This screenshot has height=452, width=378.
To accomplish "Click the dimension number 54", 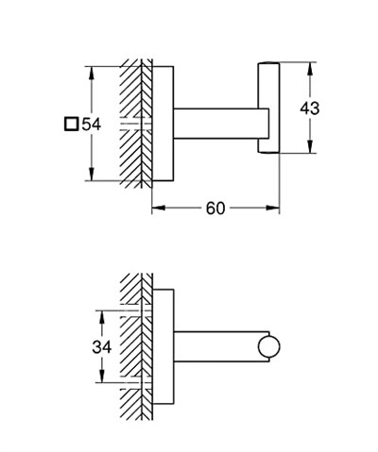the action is pos(92,125).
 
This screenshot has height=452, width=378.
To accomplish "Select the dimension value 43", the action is pos(310,109).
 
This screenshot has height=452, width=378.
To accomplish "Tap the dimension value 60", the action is pos(215,208).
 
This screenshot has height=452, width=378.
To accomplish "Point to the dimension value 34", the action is pos(102,347).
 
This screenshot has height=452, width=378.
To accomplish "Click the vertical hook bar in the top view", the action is pos(268,108).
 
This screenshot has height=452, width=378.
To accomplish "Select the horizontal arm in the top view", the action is pos(221,124).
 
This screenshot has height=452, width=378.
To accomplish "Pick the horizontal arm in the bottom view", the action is pos(221,346).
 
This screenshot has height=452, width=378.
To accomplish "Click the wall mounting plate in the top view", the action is pos(163,124).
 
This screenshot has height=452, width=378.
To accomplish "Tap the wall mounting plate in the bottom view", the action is pos(163,346).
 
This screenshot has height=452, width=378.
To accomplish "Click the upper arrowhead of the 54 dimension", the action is pos(92,73).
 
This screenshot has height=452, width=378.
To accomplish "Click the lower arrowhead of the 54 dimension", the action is pos(92,175).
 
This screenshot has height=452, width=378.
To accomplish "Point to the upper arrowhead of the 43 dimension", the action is pos(310,69).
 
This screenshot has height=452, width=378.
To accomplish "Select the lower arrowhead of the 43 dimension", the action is pos(310,146).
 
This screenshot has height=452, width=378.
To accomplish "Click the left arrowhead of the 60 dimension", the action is pos(159,208).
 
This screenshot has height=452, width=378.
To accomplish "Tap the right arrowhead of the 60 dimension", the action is pos(272,208).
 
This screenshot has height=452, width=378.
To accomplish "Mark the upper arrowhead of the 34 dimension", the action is pos(102,317).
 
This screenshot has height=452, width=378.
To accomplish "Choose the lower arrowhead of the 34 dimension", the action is pos(102,376).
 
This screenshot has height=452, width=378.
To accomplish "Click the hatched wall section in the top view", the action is pos(136,124).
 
